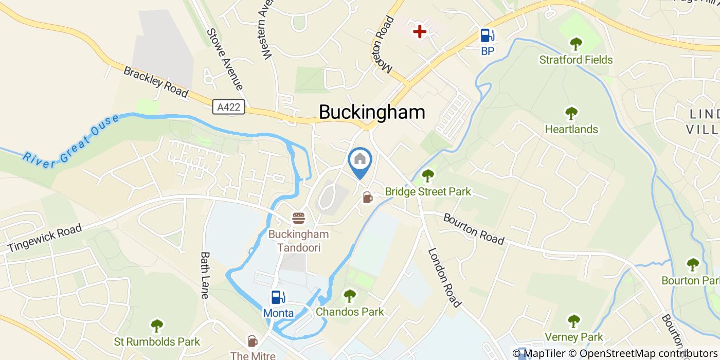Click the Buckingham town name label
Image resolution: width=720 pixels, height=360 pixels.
click(x=372, y=112)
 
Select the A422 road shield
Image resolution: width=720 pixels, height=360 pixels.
click(x=228, y=107)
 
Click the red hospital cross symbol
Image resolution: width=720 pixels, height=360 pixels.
click(x=420, y=32)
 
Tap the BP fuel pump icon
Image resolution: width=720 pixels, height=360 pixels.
click(x=487, y=35)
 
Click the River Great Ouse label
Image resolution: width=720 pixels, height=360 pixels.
click(x=70, y=141)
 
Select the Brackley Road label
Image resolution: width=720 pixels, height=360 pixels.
click(x=156, y=81)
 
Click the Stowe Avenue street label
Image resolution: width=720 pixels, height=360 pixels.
click(x=224, y=58)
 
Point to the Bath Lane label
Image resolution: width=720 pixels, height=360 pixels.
click(x=206, y=275)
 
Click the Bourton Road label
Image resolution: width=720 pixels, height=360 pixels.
click(x=474, y=229)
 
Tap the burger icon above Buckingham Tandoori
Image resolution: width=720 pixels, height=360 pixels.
click(x=298, y=218)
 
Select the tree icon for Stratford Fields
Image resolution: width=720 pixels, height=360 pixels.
click(x=575, y=44)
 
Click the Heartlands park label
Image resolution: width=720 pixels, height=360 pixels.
click(x=571, y=129)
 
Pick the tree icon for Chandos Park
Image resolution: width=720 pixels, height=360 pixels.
click(x=350, y=296)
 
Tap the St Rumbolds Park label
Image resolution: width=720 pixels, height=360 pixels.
click(x=157, y=341)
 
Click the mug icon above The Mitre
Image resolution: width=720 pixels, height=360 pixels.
click(x=253, y=341)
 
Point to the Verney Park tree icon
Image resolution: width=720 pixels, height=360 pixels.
click(x=573, y=321)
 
